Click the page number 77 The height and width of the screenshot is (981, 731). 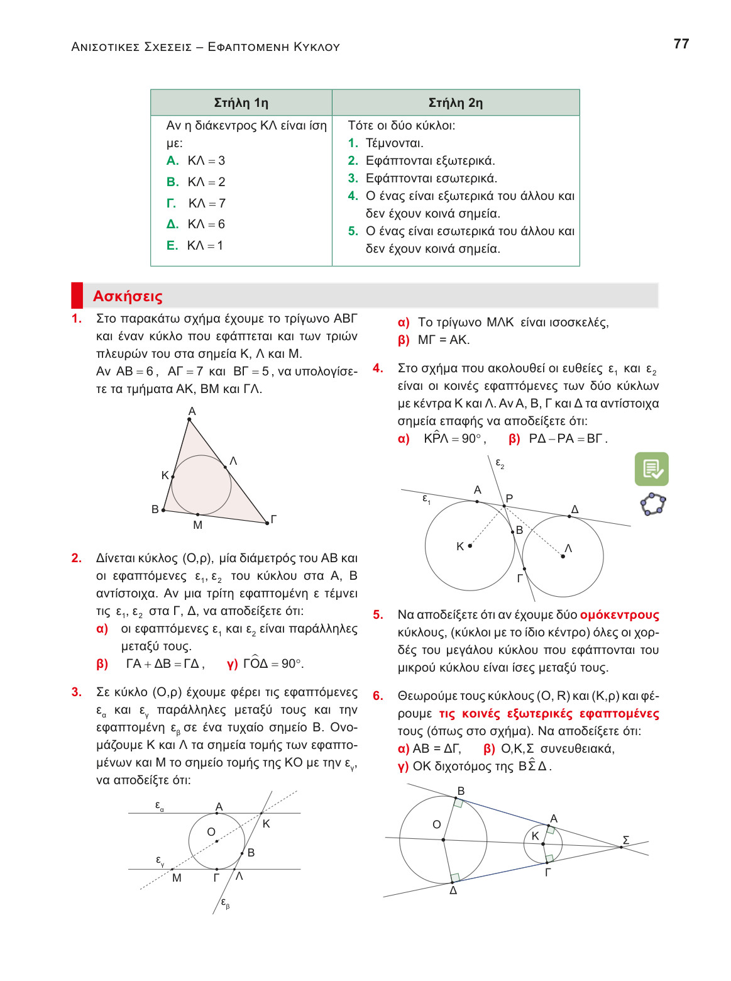(681, 44)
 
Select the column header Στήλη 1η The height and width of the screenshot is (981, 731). (241, 103)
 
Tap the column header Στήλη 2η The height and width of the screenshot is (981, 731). (455, 103)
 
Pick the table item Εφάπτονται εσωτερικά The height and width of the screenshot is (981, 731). (431, 178)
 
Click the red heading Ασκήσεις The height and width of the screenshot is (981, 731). (128, 296)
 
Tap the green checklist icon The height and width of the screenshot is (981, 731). (651, 469)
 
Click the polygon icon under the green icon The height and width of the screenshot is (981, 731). (652, 504)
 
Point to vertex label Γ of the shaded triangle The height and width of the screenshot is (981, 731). (273, 519)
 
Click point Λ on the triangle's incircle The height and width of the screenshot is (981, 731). (226, 467)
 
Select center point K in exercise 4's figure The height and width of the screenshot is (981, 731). (470, 546)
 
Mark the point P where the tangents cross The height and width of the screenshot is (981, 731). (504, 506)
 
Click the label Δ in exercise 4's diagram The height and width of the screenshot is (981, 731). (574, 509)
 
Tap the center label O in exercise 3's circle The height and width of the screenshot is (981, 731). (211, 832)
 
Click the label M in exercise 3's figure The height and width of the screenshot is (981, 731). (177, 878)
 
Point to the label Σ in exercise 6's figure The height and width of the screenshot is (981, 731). (625, 840)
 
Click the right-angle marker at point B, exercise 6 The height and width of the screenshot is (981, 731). (459, 803)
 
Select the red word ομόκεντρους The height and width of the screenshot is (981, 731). (619, 615)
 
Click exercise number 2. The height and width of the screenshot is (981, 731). (77, 558)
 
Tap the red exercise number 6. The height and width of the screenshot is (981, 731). (378, 696)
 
